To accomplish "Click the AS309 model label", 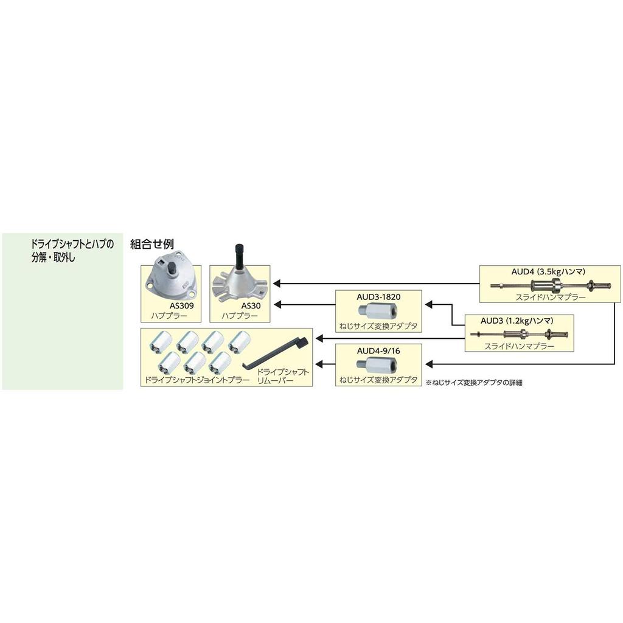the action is [181, 306].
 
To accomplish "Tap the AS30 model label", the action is [251, 306].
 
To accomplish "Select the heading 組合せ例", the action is [152, 244].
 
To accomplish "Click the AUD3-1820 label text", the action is [378, 297].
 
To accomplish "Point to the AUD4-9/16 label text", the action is [378, 351].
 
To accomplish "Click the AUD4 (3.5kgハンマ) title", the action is [548, 272].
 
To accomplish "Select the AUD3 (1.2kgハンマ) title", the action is [517, 321].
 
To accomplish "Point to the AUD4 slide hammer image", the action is [550, 285].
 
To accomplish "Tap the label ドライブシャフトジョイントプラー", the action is [197, 380].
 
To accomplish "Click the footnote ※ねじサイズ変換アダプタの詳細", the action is [474, 383].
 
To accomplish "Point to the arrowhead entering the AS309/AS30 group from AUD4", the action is [277, 284].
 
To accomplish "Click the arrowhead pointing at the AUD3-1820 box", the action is [429, 305].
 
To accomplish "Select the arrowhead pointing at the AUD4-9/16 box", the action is [429, 364].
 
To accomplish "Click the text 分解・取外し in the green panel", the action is [54, 257].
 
